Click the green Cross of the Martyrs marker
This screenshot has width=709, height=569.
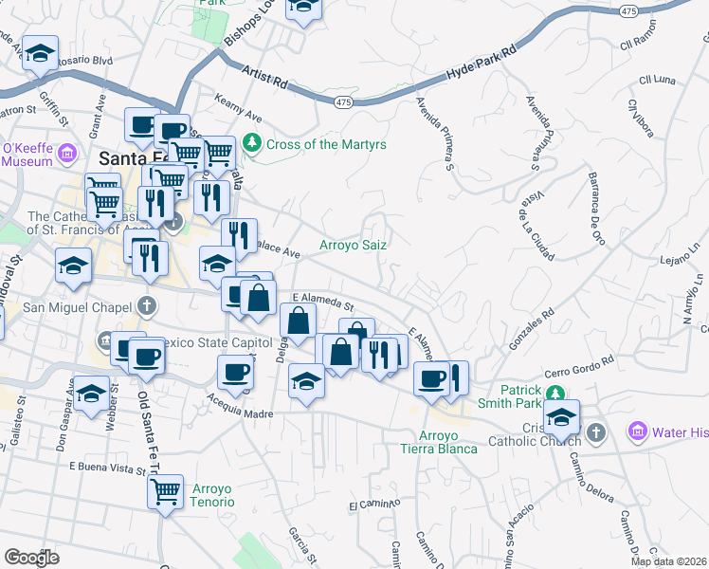pyautogui.click(x=252, y=144)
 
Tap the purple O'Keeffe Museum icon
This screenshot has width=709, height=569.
pyautogui.click(x=66, y=153)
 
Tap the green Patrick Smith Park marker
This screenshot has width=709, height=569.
pyautogui.click(x=559, y=392)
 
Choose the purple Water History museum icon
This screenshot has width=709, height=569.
pyautogui.click(x=639, y=432)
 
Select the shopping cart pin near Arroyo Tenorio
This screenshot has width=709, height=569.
pyautogui.click(x=166, y=492)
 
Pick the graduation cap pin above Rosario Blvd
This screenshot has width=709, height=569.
pyautogui.click(x=40, y=53)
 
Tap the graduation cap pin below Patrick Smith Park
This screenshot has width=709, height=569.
pyautogui.click(x=562, y=416)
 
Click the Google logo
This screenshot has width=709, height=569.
pyautogui.click(x=31, y=558)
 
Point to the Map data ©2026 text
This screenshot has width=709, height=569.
pyautogui.click(x=669, y=561)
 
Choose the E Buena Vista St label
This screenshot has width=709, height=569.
pyautogui.click(x=105, y=466)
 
